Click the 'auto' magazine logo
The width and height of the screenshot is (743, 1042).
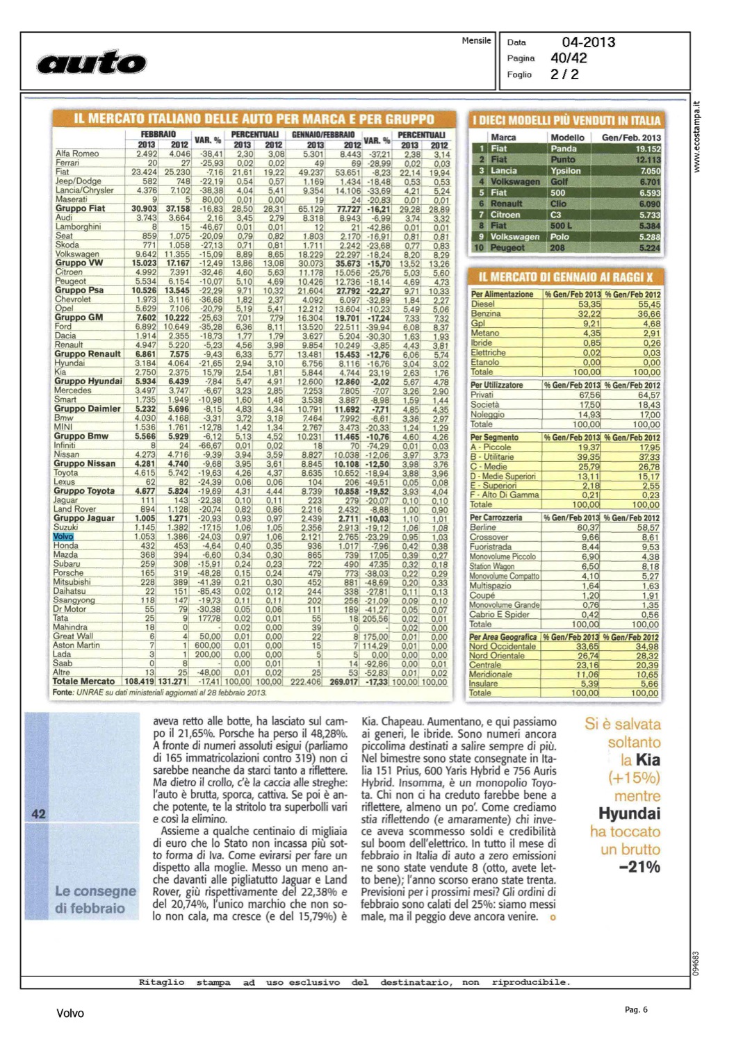pyautogui.click(x=91, y=63)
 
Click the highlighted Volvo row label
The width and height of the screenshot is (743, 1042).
pyautogui.click(x=63, y=536)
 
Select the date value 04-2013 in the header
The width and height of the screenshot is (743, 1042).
pyautogui.click(x=588, y=42)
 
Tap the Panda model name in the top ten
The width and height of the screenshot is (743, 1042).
pyautogui.click(x=564, y=149)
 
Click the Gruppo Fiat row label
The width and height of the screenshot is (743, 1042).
pyautogui.click(x=81, y=208)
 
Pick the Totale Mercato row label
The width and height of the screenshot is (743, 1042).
pyautogui.click(x=83, y=681)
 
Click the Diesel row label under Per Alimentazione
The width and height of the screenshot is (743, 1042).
pyautogui.click(x=483, y=304)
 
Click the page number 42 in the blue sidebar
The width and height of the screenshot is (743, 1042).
pyautogui.click(x=38, y=813)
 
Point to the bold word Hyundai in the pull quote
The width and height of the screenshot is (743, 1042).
pyautogui.click(x=629, y=813)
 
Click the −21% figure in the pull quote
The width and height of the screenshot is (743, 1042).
pyautogui.click(x=639, y=867)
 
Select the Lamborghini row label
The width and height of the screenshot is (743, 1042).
pyautogui.click(x=78, y=226)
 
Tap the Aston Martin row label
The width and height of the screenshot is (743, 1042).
pyautogui.click(x=77, y=645)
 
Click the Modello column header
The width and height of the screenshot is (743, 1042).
pyautogui.click(x=567, y=138)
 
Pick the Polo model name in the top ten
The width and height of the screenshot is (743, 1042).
pyautogui.click(x=560, y=237)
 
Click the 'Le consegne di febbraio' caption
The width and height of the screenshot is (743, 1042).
pyautogui.click(x=95, y=900)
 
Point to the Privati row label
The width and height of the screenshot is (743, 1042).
pyautogui.click(x=482, y=395)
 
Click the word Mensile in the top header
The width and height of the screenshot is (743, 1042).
pyautogui.click(x=476, y=40)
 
